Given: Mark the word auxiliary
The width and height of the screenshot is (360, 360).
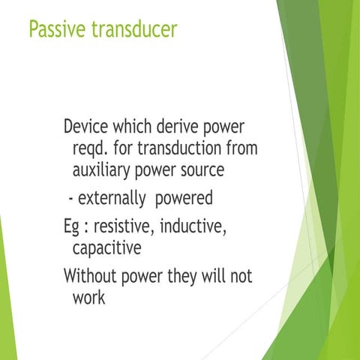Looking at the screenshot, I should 104,171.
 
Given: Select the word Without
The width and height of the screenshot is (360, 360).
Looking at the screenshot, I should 93,275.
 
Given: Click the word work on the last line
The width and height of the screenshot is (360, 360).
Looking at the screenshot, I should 88,297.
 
